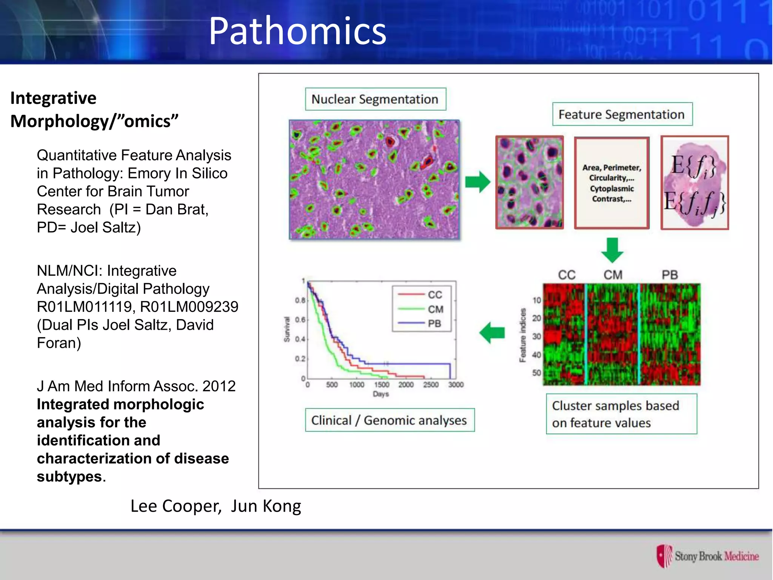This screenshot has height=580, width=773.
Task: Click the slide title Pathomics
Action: pyautogui.click(x=297, y=31)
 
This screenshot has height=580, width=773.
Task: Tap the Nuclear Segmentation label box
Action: pyautogui.click(x=375, y=99)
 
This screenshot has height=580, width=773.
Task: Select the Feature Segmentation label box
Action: pyautogui.click(x=622, y=114)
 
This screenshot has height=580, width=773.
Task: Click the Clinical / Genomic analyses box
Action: pyautogui.click(x=390, y=420)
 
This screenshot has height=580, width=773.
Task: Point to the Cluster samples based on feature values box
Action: pyautogui.click(x=621, y=414)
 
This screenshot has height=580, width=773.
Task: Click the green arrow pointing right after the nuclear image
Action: pyautogui.click(x=477, y=182)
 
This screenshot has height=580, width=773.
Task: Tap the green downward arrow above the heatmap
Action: pyautogui.click(x=612, y=250)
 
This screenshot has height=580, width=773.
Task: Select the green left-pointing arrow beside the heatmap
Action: pyautogui.click(x=492, y=333)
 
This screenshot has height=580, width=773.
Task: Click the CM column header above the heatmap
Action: pyautogui.click(x=613, y=275)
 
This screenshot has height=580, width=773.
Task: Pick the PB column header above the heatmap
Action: pyautogui.click(x=670, y=275)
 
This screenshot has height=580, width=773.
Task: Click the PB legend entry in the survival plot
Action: pyautogui.click(x=434, y=324)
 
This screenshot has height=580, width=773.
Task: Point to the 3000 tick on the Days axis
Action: pyautogui.click(x=456, y=385)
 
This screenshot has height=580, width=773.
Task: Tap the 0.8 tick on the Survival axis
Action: pyautogui.click(x=300, y=301)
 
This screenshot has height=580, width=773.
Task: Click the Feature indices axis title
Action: pyautogui.click(x=523, y=335)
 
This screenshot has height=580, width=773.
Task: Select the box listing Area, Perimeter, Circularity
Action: pyautogui.click(x=611, y=183)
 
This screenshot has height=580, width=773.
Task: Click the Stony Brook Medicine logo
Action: pyautogui.click(x=707, y=556)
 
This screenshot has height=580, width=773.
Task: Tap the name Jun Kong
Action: pyautogui.click(x=266, y=506)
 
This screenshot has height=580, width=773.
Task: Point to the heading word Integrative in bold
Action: pyautogui.click(x=54, y=98)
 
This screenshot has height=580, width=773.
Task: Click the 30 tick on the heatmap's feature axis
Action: pyautogui.click(x=536, y=336)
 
